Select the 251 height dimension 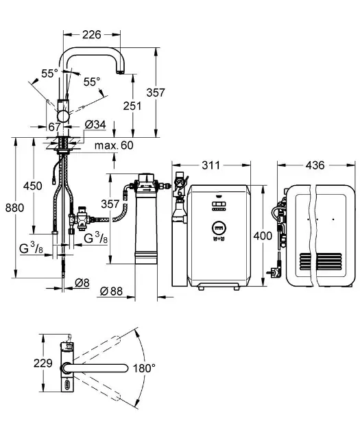pos(133,106)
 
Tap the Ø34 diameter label pos(95,124)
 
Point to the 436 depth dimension pos(315,165)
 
